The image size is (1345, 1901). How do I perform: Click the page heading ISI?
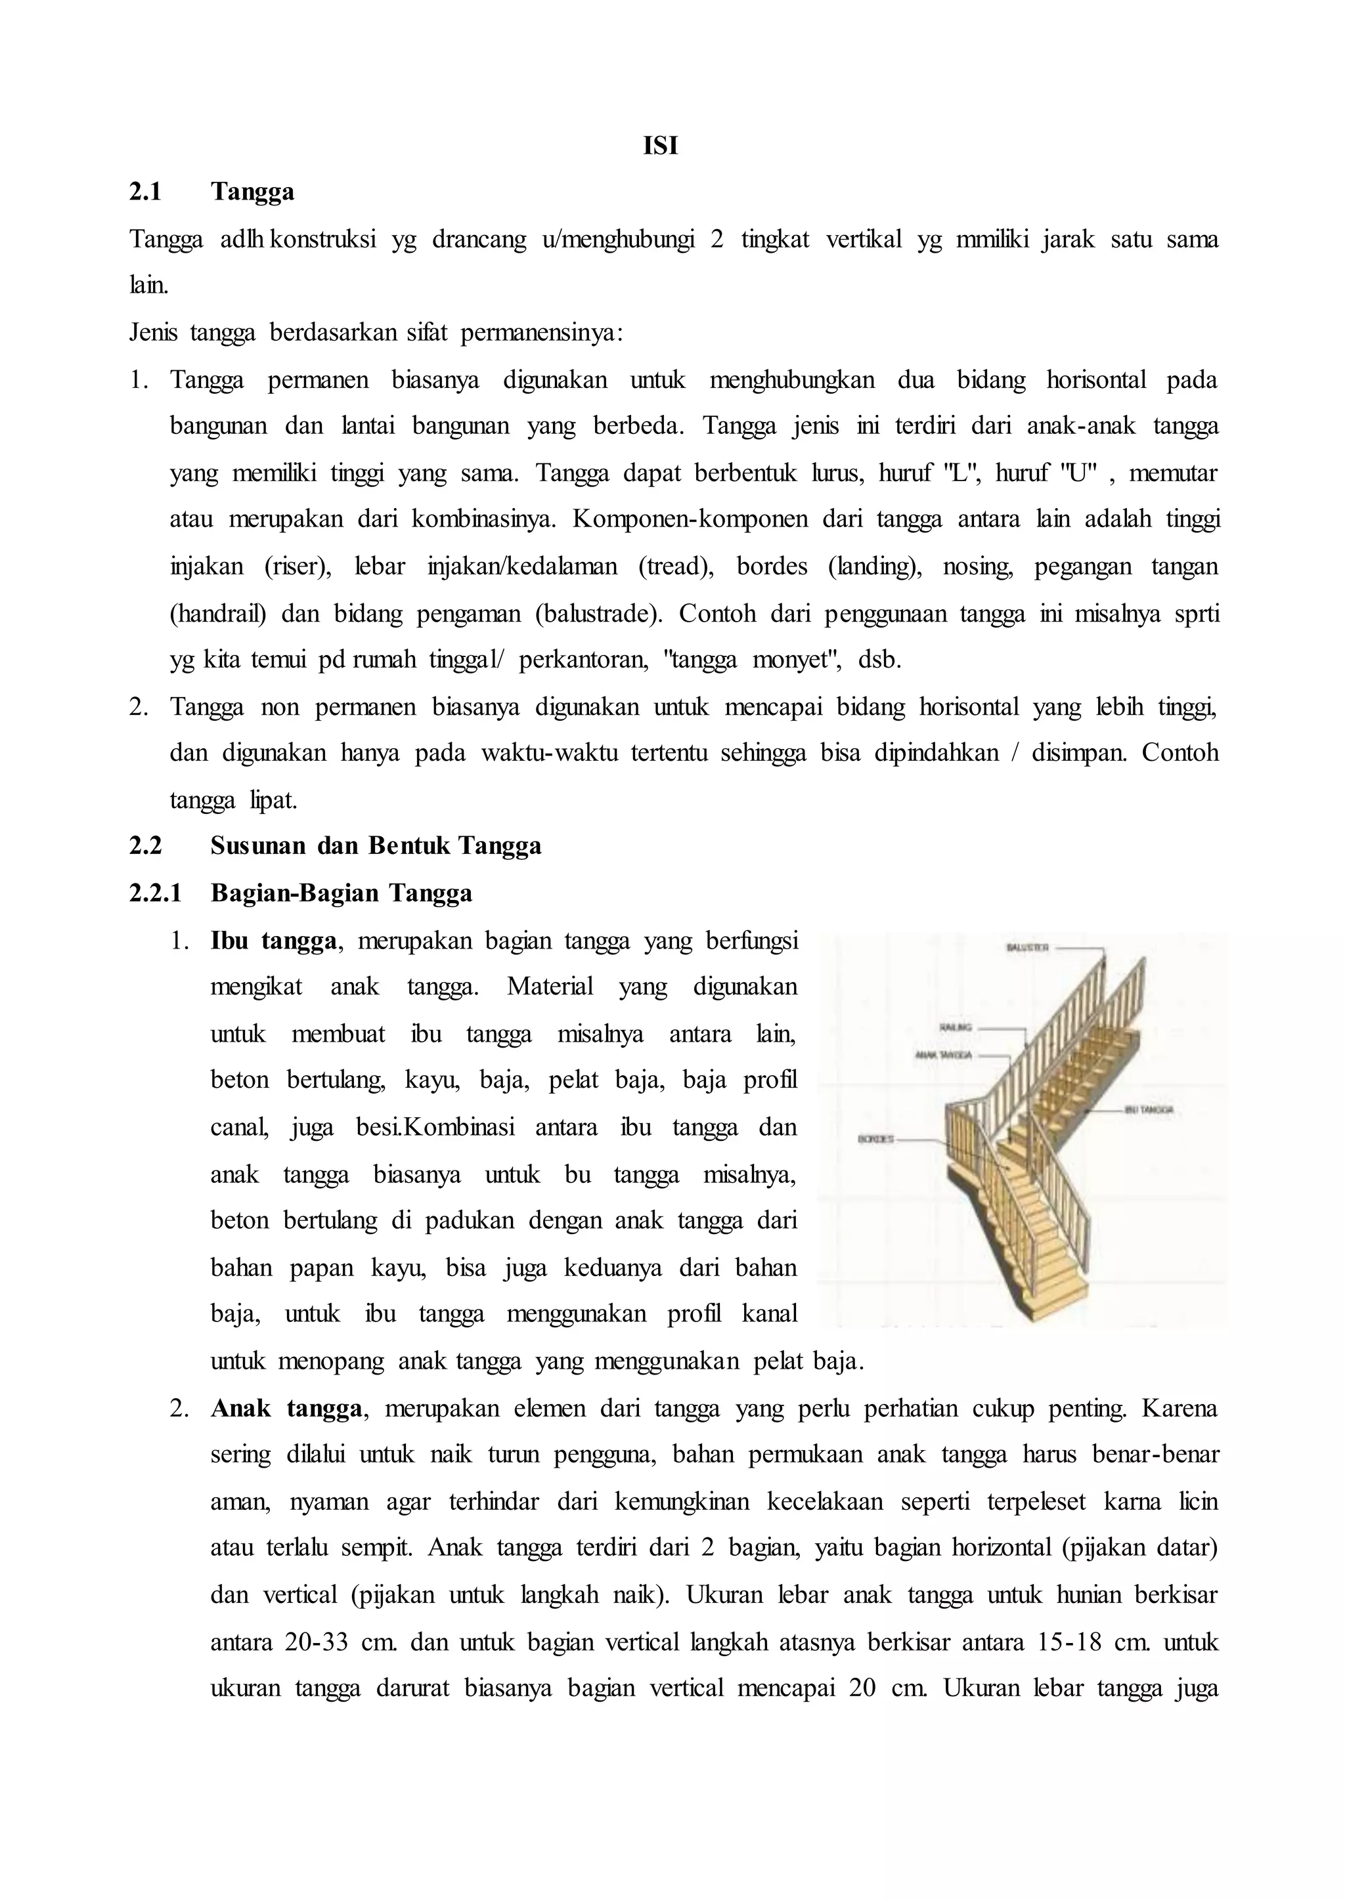[x=660, y=146]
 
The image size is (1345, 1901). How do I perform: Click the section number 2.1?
[x=146, y=192]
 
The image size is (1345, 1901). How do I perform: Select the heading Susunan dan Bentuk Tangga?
[x=376, y=846]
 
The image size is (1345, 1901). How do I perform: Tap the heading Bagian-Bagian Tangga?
[x=342, y=893]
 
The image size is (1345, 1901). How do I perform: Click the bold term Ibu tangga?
[x=273, y=941]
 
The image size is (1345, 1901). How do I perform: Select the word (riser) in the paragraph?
[x=298, y=567]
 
